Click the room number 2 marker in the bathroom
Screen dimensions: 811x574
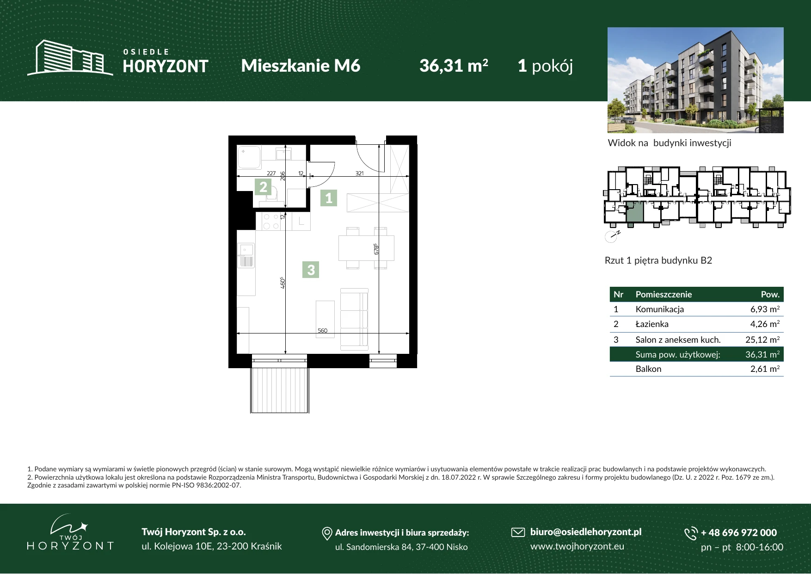263,187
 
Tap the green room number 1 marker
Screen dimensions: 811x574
329,198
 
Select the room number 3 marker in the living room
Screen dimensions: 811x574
311,270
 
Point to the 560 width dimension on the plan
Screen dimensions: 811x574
322,330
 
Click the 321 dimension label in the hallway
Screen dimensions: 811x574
359,173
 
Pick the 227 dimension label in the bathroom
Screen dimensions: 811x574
271,173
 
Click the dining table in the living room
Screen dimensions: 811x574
366,248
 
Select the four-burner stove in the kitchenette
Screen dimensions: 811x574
270,222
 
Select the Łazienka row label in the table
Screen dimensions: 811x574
652,324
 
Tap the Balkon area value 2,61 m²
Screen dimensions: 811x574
765,369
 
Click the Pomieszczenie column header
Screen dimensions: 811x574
664,294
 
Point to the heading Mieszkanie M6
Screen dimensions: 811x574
301,66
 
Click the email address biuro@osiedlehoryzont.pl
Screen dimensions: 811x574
586,532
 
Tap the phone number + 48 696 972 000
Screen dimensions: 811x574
739,532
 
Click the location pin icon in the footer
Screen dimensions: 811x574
327,533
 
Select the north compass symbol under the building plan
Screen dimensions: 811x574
612,236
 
